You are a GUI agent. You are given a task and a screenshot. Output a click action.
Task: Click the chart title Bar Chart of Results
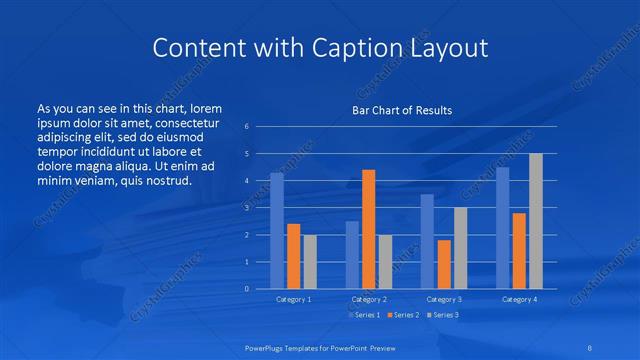(x=401, y=110)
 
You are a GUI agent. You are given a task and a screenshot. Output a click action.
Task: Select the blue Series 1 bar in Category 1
(x=277, y=231)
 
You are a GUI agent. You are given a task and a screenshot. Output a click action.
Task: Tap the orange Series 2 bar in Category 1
(x=293, y=256)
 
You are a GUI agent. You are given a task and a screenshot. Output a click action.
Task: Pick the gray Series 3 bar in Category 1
(x=310, y=262)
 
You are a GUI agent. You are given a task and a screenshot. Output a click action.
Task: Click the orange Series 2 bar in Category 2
(x=368, y=229)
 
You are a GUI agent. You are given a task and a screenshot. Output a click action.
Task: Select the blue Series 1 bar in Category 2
(x=352, y=255)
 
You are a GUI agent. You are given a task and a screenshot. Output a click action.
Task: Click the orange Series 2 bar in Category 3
(x=444, y=264)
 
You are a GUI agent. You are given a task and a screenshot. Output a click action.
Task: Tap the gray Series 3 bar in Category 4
(x=536, y=221)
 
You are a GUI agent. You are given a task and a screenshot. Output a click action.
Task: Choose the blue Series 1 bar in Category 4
(x=503, y=228)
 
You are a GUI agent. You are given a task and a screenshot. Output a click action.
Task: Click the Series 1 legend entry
(x=365, y=315)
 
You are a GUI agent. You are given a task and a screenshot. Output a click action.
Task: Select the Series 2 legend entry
(x=403, y=315)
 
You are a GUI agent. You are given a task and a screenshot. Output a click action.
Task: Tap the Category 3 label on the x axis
(x=444, y=299)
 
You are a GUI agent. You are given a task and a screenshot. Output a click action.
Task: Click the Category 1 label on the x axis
(x=293, y=299)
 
